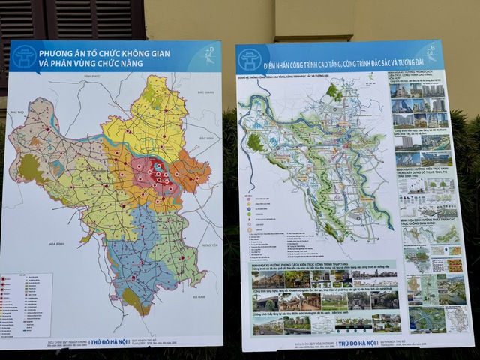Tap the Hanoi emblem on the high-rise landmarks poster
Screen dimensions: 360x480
[248, 59]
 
